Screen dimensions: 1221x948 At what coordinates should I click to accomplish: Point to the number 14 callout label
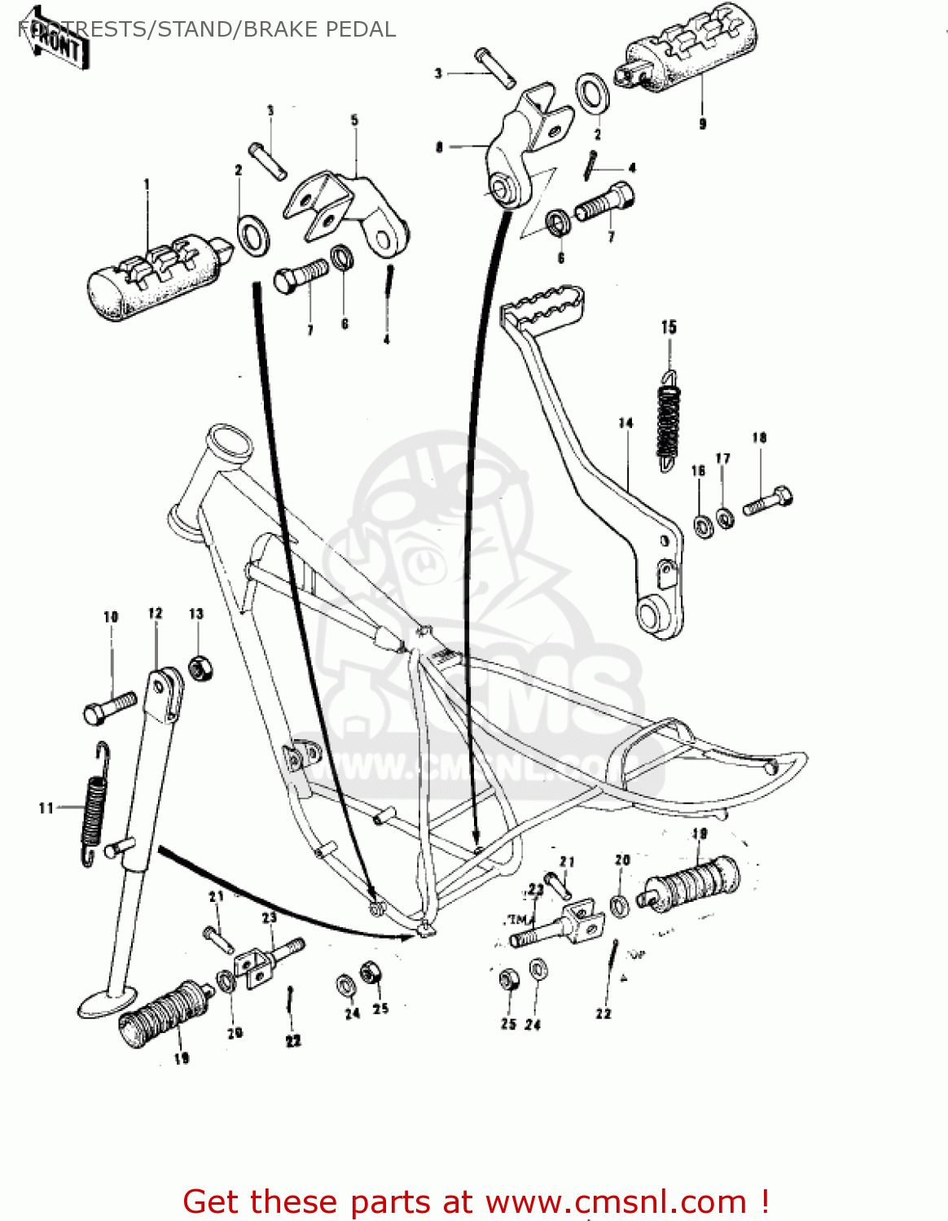click(625, 423)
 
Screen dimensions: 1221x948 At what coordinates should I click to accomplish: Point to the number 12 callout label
click(156, 613)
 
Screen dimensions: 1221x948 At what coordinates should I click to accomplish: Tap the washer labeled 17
click(724, 516)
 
